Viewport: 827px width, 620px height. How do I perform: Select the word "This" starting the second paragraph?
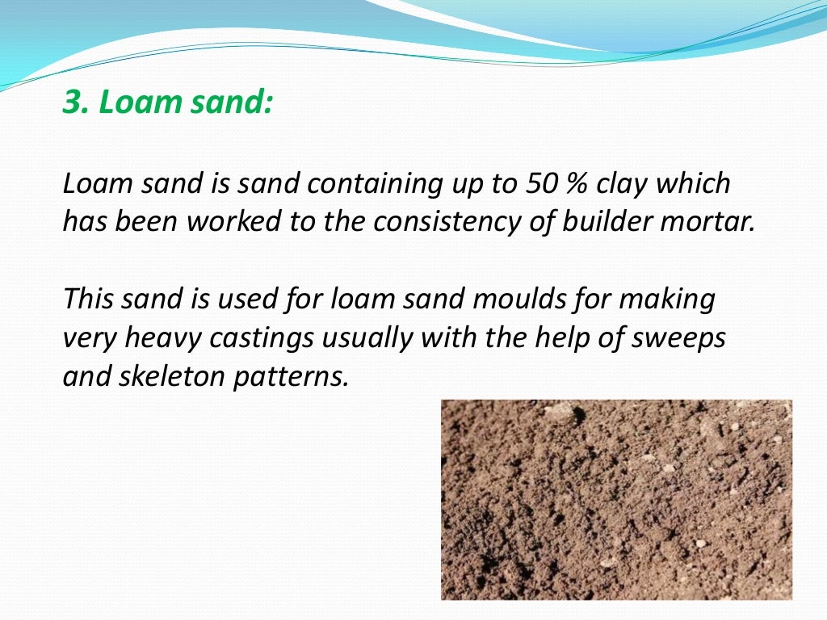pyautogui.click(x=89, y=300)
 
